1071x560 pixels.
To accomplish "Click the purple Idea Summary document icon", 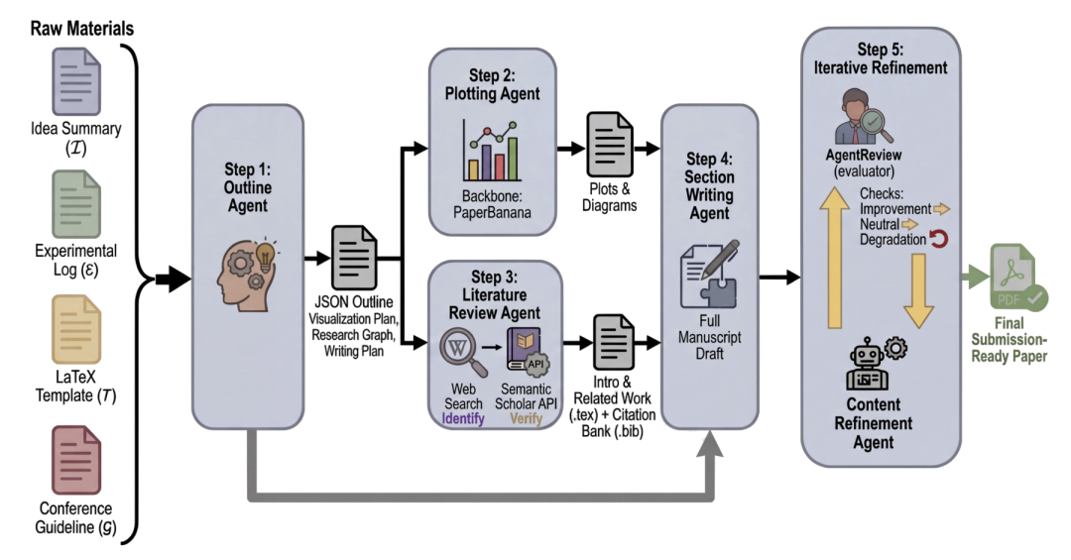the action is click(76, 81).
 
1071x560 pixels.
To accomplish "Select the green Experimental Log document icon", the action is click(76, 203).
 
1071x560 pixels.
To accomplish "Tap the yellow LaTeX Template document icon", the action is click(76, 328).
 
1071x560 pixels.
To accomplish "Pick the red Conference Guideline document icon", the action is click(76, 460).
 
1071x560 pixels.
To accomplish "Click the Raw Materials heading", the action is click(82, 29).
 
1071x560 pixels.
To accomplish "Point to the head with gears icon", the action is click(247, 275).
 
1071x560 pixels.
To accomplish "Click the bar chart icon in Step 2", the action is click(491, 151).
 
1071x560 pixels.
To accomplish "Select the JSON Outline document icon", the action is click(354, 258).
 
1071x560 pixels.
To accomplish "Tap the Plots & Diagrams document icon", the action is click(609, 145).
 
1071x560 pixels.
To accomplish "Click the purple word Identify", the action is click(463, 418).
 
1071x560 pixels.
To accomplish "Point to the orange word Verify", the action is click(526, 418).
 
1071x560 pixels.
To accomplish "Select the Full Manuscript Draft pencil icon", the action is click(710, 274).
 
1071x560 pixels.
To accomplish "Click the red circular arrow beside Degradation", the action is click(938, 239).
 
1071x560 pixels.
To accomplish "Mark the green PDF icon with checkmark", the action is click(1017, 279).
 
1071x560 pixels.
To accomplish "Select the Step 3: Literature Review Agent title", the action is click(495, 295).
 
